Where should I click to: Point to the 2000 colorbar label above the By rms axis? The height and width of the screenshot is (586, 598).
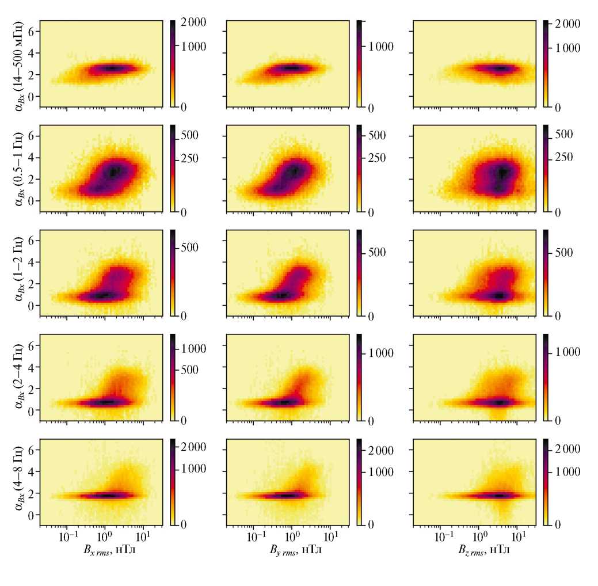382,448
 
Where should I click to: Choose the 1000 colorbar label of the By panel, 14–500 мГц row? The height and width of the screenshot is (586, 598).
382,47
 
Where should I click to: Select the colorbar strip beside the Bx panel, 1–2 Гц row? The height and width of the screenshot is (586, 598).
173,273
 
